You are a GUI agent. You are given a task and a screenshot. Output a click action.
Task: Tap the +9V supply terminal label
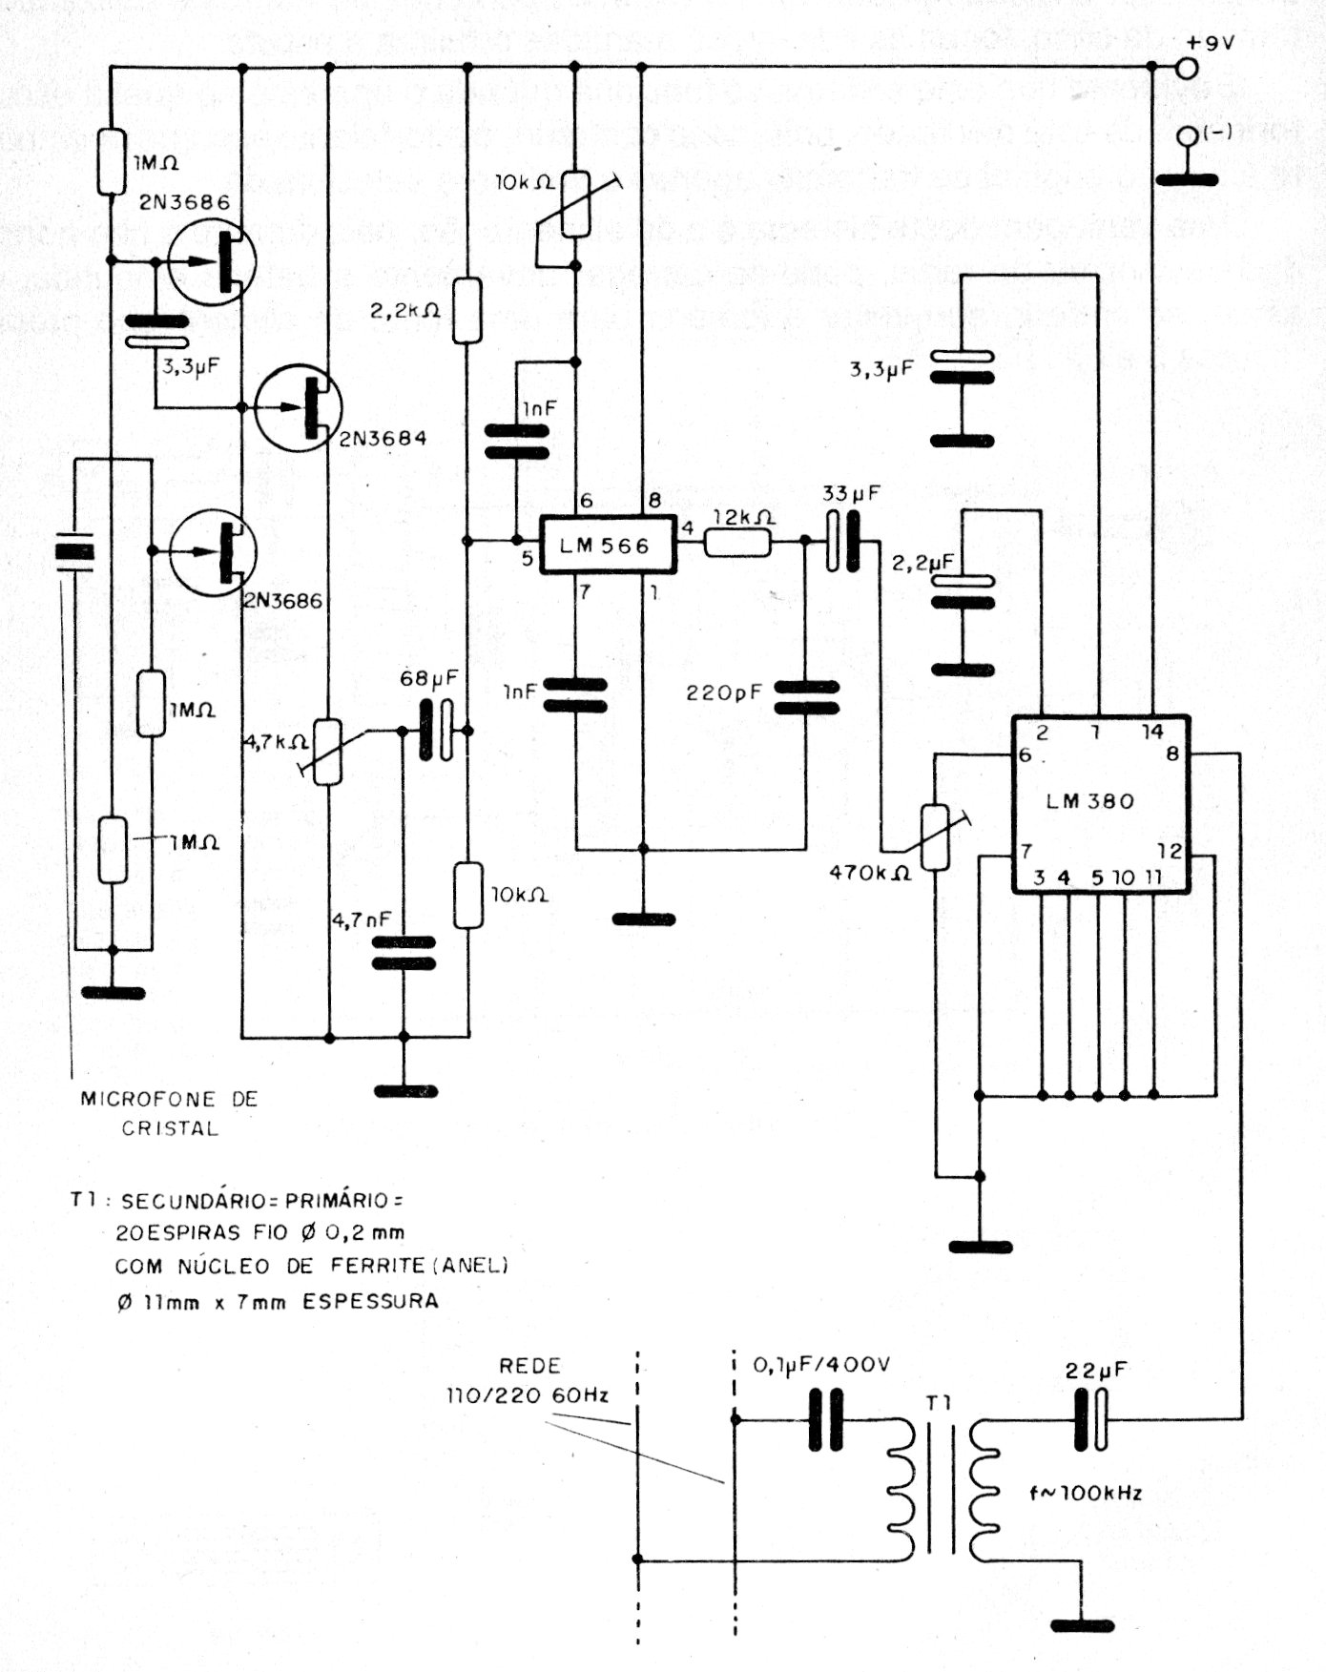pyautogui.click(x=1210, y=43)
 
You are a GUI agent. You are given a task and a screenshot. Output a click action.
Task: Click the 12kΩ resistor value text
pyautogui.click(x=743, y=517)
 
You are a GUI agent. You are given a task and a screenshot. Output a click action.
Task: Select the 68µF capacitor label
pyautogui.click(x=428, y=678)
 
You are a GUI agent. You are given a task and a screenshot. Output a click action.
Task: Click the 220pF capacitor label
pyautogui.click(x=724, y=693)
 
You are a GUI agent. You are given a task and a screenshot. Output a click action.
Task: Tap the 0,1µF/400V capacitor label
pyautogui.click(x=821, y=1364)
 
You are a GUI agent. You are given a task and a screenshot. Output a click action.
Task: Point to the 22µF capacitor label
pyautogui.click(x=1095, y=1370)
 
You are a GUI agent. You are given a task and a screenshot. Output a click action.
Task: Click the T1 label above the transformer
pyautogui.click(x=939, y=1402)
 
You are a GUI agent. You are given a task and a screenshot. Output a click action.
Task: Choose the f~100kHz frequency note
pyautogui.click(x=1087, y=1493)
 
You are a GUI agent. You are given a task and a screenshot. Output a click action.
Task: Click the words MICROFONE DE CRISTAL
pyautogui.click(x=169, y=1113)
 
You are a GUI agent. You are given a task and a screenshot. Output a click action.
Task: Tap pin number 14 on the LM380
pyautogui.click(x=1152, y=732)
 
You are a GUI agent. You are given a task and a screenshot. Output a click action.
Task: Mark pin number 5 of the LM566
pyautogui.click(x=528, y=559)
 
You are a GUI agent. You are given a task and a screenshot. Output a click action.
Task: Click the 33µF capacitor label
pyautogui.click(x=850, y=493)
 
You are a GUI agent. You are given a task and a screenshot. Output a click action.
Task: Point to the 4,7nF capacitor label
pyautogui.click(x=362, y=920)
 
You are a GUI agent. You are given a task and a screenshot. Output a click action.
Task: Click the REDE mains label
pyautogui.click(x=529, y=1365)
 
